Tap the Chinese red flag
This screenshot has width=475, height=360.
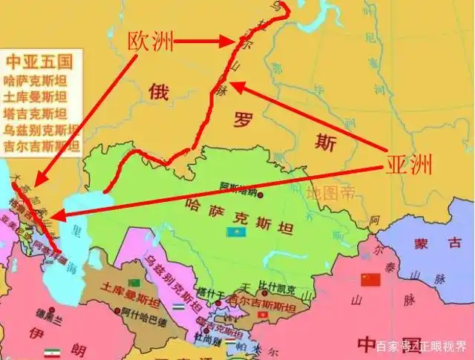369,279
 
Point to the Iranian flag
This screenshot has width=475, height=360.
52,353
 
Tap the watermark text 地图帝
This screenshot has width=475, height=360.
330,193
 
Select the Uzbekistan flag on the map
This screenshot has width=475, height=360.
178,306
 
